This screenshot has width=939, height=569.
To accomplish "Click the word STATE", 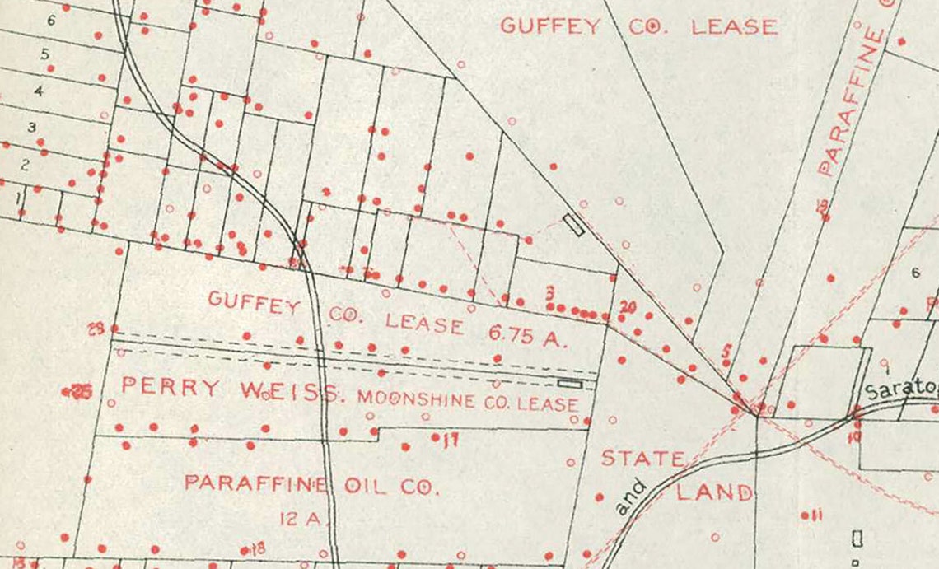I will tap(642, 458).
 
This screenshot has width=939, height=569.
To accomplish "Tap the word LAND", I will tap(714, 492).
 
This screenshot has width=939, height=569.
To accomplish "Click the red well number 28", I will tap(97, 329).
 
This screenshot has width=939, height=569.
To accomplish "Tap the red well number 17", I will tap(449, 440).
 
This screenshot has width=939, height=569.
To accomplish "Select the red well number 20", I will tap(628, 307).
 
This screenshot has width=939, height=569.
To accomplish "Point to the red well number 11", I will tap(816, 515).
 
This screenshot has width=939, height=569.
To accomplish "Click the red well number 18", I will tap(257, 548).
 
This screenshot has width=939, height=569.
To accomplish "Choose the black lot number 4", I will tap(38, 91).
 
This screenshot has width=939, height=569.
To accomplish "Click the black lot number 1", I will tap(16, 198).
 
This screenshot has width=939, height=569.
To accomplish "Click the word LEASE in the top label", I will tap(733, 27).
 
